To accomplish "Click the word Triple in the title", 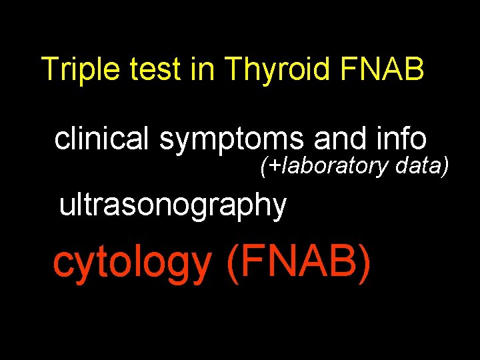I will [75, 69].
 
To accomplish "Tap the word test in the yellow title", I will [152, 69].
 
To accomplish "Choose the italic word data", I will [419, 164].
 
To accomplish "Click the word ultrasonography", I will [173, 205].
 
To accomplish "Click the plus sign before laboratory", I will [275, 165].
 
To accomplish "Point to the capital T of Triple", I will [49, 69].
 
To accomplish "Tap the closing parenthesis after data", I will [445, 165].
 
